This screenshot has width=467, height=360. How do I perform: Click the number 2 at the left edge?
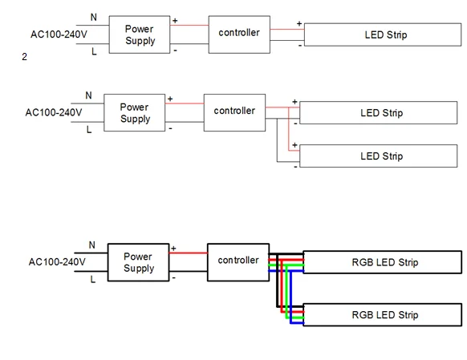coord(24,57)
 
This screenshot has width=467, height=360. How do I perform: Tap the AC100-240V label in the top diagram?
coord(59,34)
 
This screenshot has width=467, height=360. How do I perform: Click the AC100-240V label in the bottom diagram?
coord(57,262)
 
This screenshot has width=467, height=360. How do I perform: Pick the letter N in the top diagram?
coord(94,18)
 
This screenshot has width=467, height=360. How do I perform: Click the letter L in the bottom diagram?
coord(93,279)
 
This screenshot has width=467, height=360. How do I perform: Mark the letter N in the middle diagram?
coord(88,95)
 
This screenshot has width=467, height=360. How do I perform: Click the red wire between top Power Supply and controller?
coord(189,26)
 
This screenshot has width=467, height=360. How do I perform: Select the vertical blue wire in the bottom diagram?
coord(290,297)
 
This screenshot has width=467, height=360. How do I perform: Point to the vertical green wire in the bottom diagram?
coord(286,291)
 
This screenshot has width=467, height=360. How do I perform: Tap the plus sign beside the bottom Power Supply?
coord(173,248)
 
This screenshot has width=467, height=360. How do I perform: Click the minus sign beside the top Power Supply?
coord(175,51)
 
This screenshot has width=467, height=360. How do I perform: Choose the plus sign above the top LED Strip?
coord(299,23)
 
